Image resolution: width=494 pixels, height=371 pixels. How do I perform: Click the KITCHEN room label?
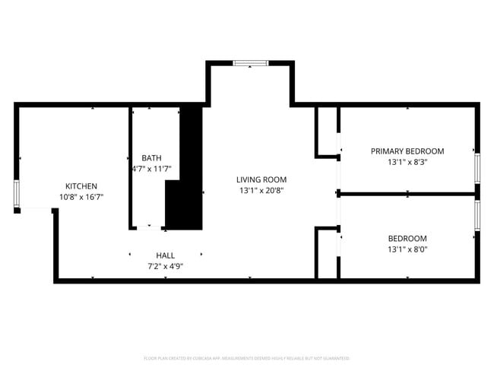click(81, 186)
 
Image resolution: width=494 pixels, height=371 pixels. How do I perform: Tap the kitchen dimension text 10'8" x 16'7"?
click(81, 197)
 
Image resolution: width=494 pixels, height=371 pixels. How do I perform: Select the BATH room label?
click(151, 158)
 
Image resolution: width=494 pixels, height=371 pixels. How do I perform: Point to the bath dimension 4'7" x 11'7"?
click(152, 169)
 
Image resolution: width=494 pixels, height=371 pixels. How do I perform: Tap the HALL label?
click(166, 255)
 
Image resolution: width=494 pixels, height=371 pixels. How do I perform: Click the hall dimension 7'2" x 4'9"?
click(166, 266)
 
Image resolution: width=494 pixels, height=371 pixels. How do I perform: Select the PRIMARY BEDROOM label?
click(407, 151)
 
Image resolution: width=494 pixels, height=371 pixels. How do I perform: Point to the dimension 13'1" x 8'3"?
click(407, 162)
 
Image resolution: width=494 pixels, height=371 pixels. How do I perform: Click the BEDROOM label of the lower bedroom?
click(407, 238)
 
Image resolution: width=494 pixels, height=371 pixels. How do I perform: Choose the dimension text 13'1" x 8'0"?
click(407, 249)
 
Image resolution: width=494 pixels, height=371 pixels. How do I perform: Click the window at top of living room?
click(250, 64)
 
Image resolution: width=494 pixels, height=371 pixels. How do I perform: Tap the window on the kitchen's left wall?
click(17, 194)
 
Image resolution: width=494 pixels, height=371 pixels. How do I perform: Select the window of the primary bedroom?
click(477, 168)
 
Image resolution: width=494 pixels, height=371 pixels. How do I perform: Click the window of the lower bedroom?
click(477, 215)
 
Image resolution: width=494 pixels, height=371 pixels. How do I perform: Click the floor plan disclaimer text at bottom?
click(246, 357)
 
